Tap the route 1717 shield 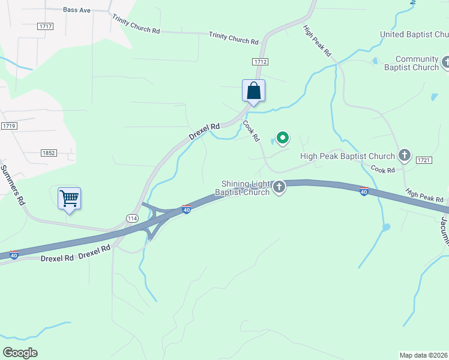coord(45,26)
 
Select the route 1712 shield coord(260,62)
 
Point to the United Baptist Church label coord(414,34)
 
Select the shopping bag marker coord(254,91)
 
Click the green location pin coord(282,138)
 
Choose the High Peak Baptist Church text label coord(348,156)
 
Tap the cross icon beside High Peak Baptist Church coord(405,156)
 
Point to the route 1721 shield coord(424,160)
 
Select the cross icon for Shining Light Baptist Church coord(279,188)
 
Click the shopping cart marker coord(70,198)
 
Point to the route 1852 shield coord(49,153)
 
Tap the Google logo coord(20,353)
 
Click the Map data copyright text coord(424,355)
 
